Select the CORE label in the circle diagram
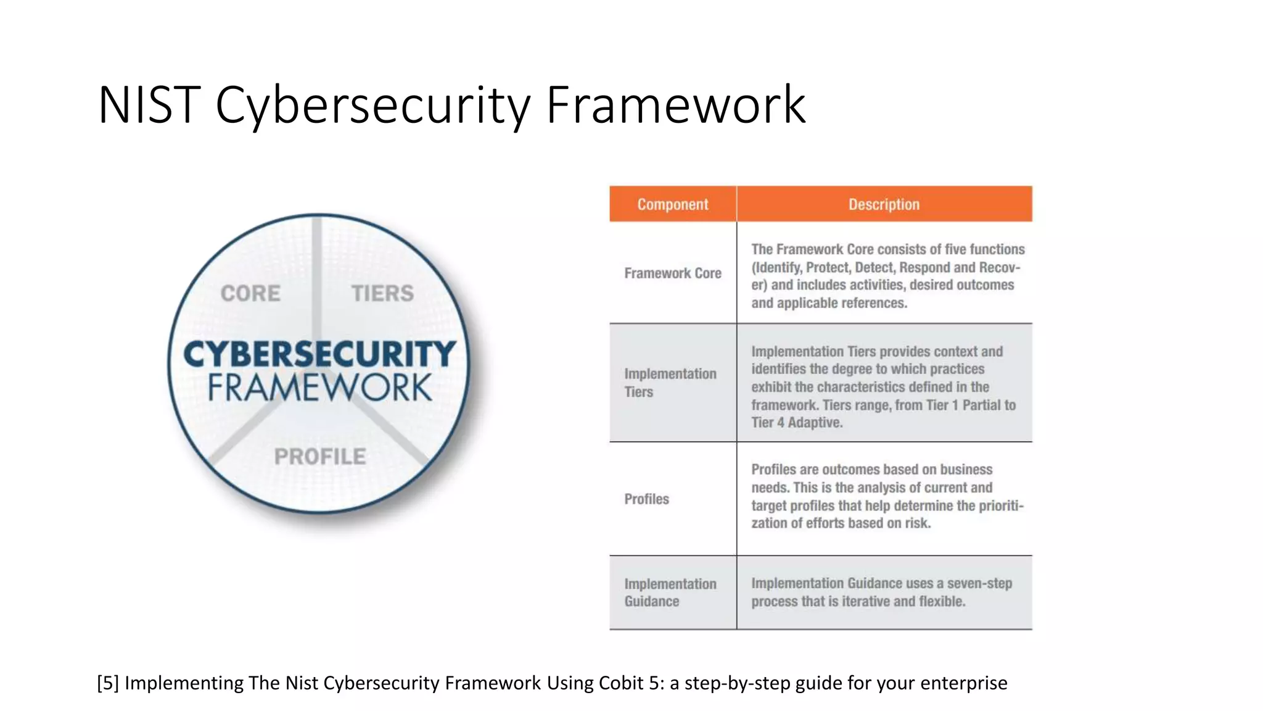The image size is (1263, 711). coord(250,293)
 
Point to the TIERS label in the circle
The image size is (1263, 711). coord(382,293)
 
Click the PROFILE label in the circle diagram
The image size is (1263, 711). coord(319,457)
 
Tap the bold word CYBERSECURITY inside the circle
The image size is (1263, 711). coord(319,354)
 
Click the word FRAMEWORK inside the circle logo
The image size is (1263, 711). coord(319,388)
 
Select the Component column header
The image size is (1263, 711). coord(672,204)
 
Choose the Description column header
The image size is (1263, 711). coord(884,204)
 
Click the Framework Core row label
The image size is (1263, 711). coord(672,273)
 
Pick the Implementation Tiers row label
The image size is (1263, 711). coord(670,383)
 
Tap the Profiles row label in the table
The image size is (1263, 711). coord(646,499)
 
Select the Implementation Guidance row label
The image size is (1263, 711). coord(670,592)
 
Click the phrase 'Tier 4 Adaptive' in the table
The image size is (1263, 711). coord(796,423)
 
